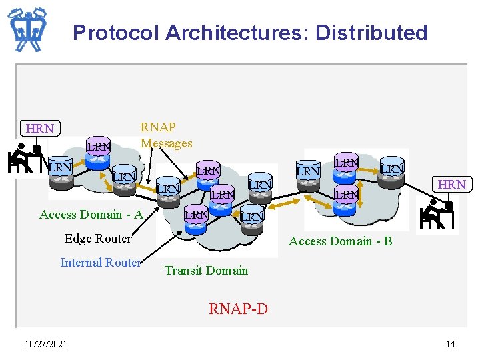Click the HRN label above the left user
[x=39, y=128]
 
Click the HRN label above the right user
[x=451, y=184]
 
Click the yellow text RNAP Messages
[x=166, y=135]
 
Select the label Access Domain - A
[x=91, y=214]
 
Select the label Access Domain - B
[x=340, y=241]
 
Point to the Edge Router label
[x=98, y=238]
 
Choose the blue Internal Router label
[x=100, y=263]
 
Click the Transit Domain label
[x=206, y=270]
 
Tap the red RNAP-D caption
[x=238, y=309]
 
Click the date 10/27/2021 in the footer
[x=45, y=344]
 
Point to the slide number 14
[x=451, y=344]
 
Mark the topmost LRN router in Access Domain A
[x=99, y=146]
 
